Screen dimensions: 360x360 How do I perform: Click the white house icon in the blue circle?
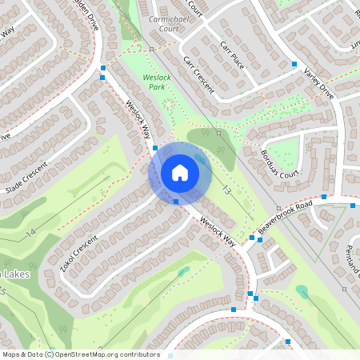pyautogui.click(x=179, y=173)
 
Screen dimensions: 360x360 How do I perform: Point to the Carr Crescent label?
pyautogui.click(x=198, y=75)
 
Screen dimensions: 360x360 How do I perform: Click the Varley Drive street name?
pyautogui.click(x=318, y=82)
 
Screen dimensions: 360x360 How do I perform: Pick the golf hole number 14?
pyautogui.click(x=30, y=232)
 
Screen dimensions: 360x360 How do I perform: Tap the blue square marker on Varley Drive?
pyautogui.click(x=294, y=63)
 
